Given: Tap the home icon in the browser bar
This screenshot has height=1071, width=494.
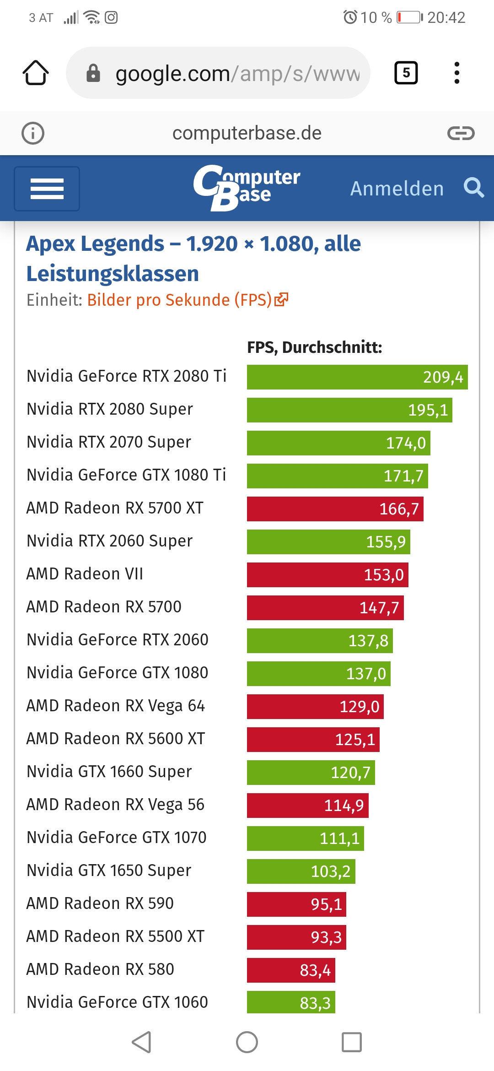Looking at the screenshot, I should click(x=36, y=73).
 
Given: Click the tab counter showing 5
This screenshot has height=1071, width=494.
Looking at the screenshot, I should click(x=406, y=73).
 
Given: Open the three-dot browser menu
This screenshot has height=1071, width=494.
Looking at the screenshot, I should click(x=456, y=73).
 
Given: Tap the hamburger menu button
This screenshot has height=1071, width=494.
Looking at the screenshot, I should click(x=47, y=189).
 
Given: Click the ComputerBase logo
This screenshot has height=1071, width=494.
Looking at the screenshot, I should click(x=247, y=187).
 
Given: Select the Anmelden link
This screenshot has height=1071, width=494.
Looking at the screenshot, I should click(x=397, y=189).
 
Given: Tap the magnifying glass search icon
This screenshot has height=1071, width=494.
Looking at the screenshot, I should click(x=473, y=188).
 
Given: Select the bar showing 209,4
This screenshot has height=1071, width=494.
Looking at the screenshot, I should click(x=357, y=377).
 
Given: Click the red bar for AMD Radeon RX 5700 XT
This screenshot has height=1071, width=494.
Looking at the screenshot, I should click(x=335, y=509).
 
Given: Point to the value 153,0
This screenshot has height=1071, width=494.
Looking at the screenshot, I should click(x=384, y=575).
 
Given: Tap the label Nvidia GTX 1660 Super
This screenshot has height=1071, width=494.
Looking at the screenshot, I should click(x=109, y=772).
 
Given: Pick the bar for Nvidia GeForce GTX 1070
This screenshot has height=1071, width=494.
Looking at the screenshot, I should click(x=305, y=838).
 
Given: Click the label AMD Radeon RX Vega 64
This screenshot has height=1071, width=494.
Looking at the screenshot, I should click(x=116, y=706).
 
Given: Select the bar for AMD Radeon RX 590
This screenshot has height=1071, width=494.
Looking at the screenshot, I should click(x=296, y=904).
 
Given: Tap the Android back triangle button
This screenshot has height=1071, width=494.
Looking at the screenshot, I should click(x=141, y=1042).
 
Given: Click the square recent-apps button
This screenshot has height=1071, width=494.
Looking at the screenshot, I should click(x=352, y=1042).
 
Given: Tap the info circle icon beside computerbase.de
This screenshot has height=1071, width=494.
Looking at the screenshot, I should click(x=33, y=133).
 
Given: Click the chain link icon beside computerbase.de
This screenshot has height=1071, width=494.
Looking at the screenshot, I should click(x=461, y=133).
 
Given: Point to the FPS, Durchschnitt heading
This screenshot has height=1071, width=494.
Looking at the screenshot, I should click(x=314, y=347).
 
